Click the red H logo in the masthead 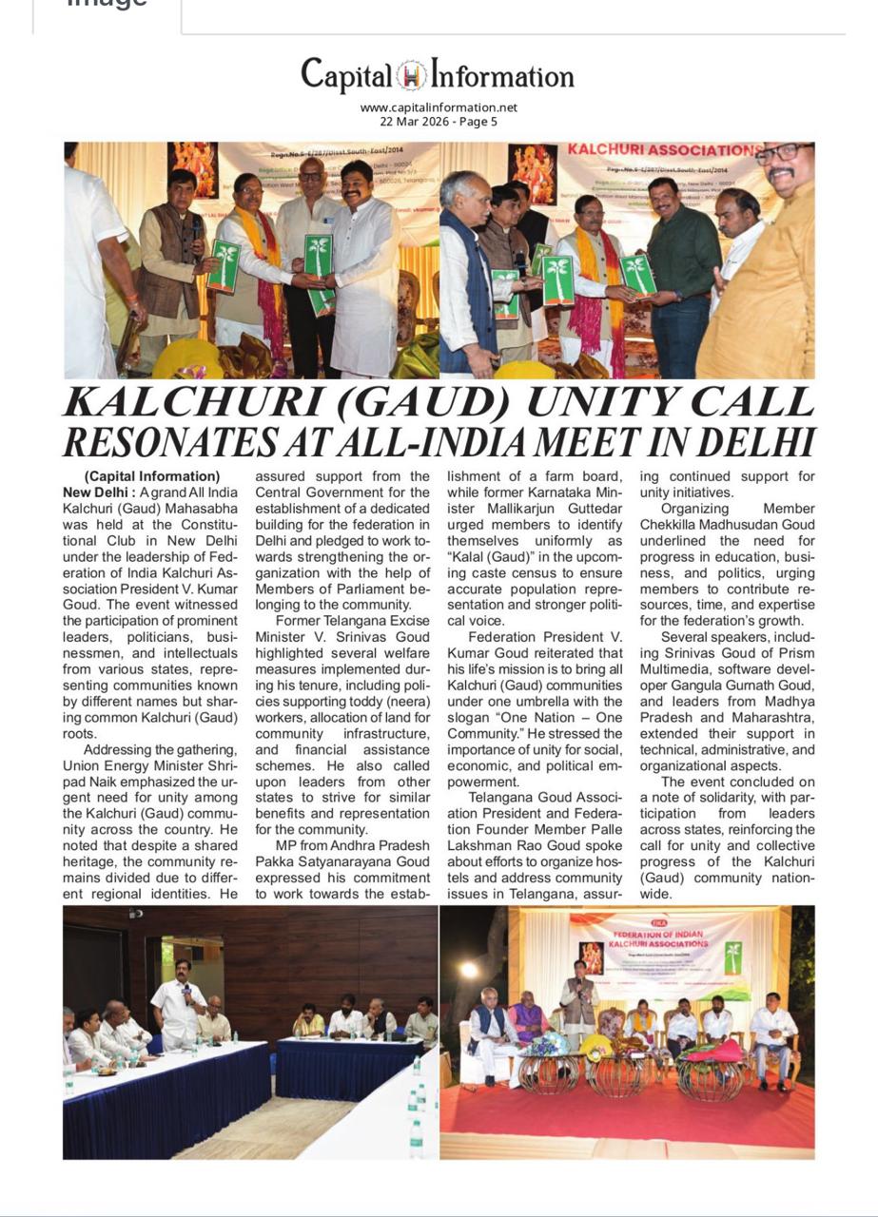pyautogui.click(x=412, y=75)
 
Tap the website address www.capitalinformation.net pyautogui.click(x=439, y=107)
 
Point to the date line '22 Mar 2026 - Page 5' pyautogui.click(x=439, y=122)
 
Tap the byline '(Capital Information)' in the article pyautogui.click(x=152, y=476)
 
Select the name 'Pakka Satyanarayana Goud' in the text pyautogui.click(x=342, y=862)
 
